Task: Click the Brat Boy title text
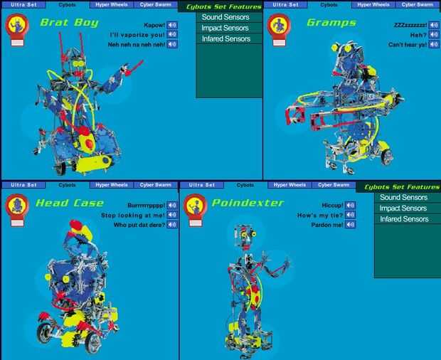pos(70,23)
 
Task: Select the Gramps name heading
pos(331,23)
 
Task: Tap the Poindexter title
pos(248,203)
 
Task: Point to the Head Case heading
pos(70,203)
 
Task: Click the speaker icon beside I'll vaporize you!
pos(172,35)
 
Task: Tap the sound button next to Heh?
pos(434,35)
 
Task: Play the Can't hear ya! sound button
pos(434,44)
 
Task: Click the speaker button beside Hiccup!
pos(351,206)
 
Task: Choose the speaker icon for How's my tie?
pos(351,215)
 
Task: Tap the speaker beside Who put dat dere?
pos(172,225)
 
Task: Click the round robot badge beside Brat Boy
pos(17,26)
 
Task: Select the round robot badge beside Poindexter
pos(196,206)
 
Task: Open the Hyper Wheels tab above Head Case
pos(112,185)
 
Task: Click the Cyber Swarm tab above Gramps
pos(418,4)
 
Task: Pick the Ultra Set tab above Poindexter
pos(202,185)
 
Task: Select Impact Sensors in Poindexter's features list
pos(403,208)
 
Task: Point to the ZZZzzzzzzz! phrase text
pos(410,26)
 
